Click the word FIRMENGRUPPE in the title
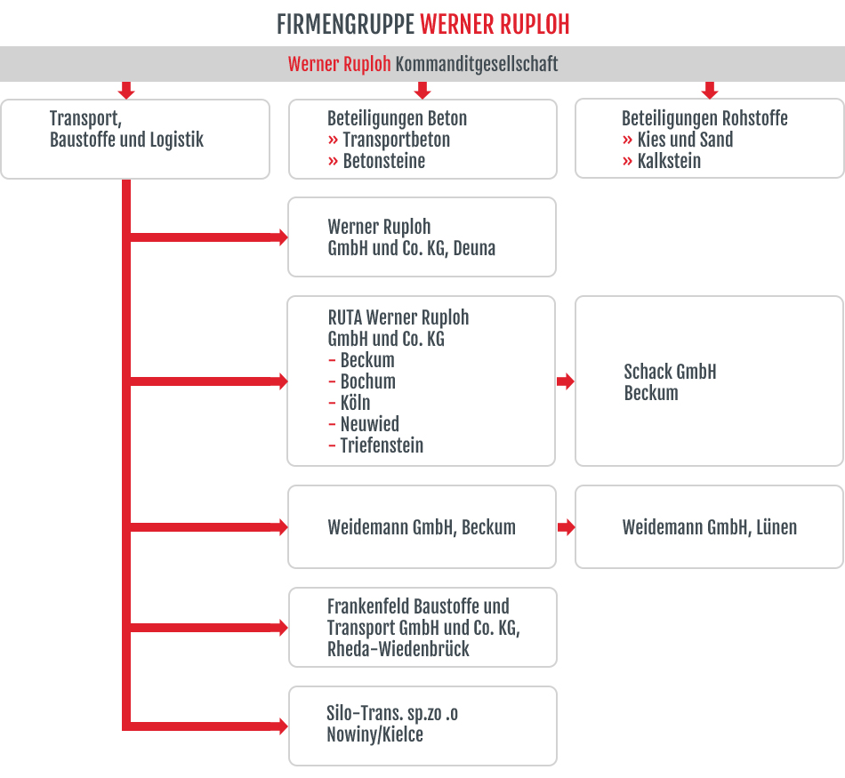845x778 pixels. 345,25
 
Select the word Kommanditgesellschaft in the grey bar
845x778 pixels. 477,64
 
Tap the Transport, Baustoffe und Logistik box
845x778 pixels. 135,139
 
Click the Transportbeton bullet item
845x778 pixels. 389,140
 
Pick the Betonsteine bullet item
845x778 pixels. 376,161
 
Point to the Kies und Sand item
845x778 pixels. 678,140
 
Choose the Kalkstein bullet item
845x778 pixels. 661,161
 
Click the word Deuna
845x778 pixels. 474,248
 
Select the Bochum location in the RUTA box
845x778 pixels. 362,381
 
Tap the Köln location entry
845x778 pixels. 350,403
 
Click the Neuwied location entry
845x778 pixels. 364,424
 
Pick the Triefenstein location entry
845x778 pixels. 375,445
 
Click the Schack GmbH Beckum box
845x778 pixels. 709,381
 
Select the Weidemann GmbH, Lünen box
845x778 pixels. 709,527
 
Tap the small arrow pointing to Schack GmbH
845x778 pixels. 566,381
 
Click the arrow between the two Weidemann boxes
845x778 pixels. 566,527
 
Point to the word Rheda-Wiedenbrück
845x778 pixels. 398,649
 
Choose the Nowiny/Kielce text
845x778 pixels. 375,734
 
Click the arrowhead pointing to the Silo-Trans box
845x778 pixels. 283,726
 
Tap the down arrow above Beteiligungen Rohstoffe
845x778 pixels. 710,91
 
